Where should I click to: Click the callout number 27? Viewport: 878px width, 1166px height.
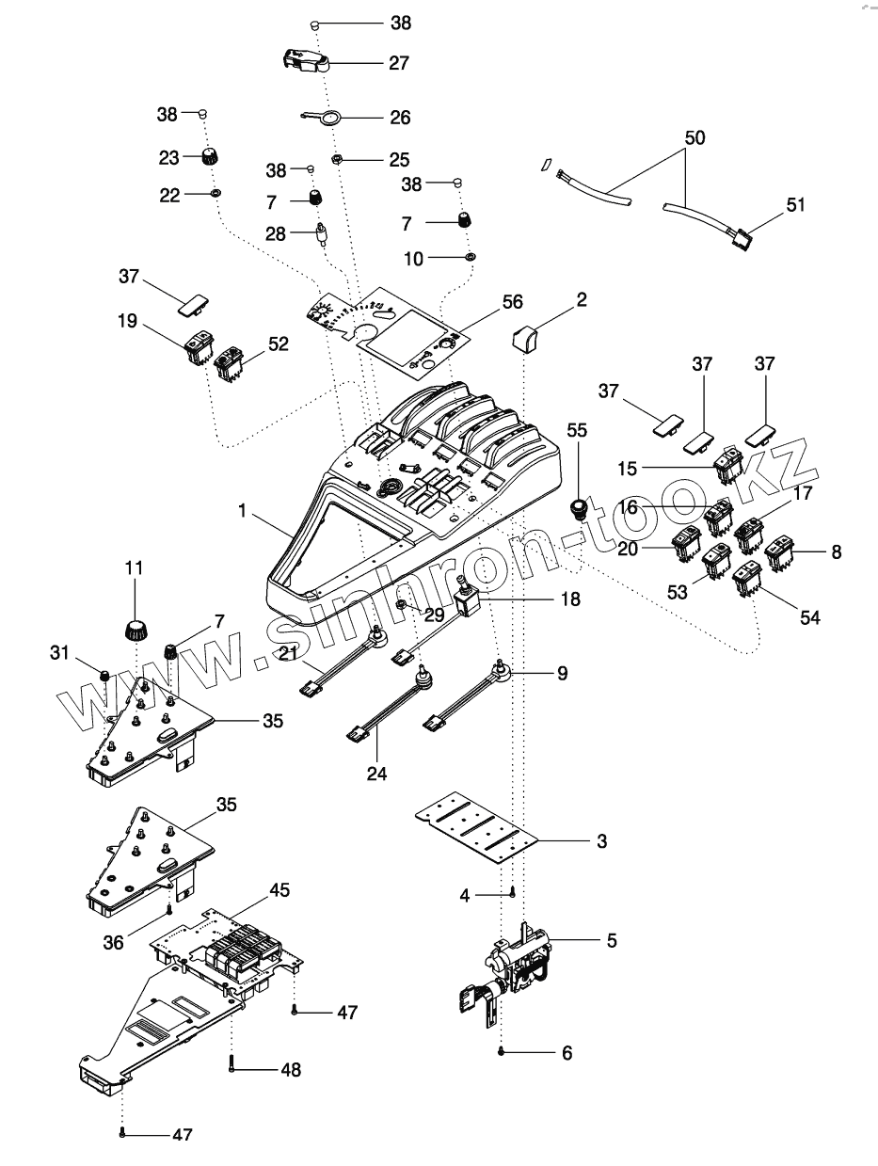tap(399, 63)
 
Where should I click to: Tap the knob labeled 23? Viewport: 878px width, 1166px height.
tap(209, 156)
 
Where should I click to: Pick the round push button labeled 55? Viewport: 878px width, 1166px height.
tap(579, 510)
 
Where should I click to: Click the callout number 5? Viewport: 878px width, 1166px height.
tap(612, 940)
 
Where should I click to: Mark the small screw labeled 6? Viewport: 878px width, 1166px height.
tap(504, 1051)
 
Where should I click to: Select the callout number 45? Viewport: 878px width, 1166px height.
tap(279, 889)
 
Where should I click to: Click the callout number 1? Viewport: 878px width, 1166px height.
tap(242, 511)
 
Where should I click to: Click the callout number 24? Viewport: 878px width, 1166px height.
tap(377, 775)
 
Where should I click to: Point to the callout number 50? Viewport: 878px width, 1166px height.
tap(694, 137)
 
